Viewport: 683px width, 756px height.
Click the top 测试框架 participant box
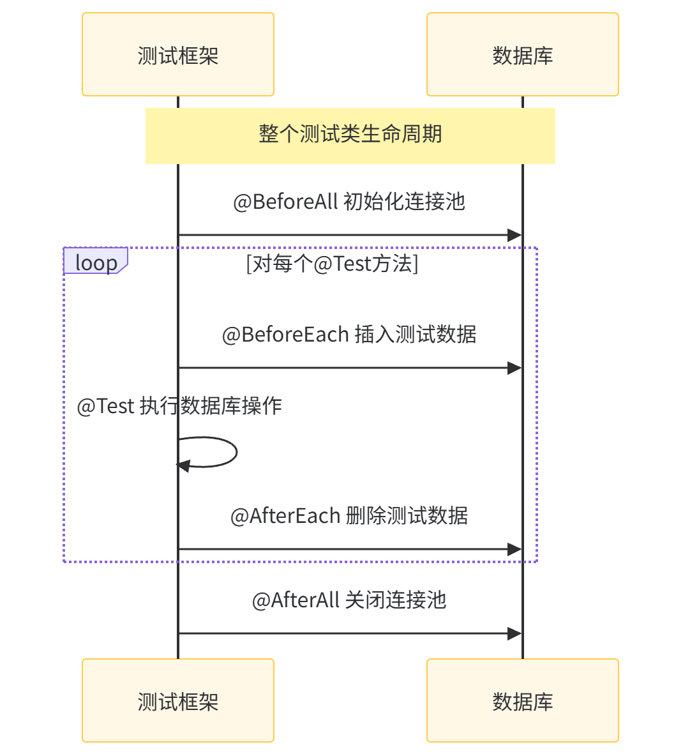178,55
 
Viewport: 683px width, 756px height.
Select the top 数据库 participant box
523,55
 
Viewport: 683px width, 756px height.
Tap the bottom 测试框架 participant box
178,700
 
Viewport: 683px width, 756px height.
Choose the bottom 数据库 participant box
523,700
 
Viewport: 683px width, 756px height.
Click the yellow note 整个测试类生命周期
350,135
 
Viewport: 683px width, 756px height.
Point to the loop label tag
96,262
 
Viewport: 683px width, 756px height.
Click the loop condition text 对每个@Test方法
332,263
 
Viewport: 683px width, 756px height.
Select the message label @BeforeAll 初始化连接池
349,202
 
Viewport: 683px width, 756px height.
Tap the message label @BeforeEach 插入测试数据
349,334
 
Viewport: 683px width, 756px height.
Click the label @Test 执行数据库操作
179,406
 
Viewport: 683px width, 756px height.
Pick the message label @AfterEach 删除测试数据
349,515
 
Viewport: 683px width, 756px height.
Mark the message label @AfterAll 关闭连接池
349,600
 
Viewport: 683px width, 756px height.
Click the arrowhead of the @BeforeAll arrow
514,235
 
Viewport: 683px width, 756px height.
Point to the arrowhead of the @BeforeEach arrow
514,368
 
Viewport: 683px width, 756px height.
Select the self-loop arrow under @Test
217,452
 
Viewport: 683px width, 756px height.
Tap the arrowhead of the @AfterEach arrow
514,549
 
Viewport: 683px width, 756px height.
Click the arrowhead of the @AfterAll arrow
514,633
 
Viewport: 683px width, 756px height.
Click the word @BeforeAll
285,202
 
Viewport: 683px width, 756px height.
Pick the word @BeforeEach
285,334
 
